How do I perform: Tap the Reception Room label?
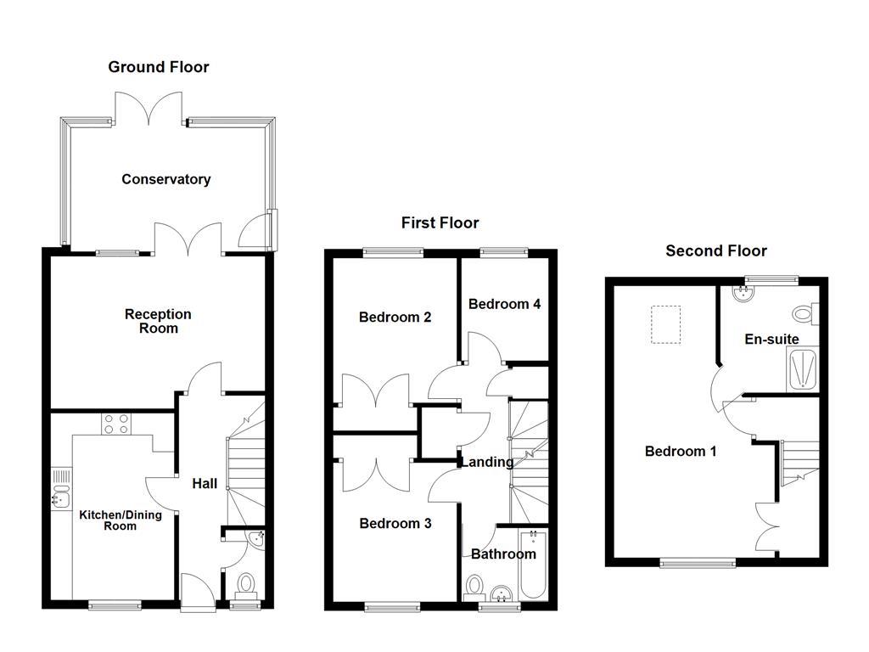click(x=158, y=321)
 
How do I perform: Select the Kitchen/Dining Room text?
click(x=108, y=520)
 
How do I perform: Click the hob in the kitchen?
click(x=115, y=424)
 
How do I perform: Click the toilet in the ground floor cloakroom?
click(x=246, y=584)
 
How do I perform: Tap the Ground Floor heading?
click(x=158, y=67)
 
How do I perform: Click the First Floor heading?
click(x=440, y=223)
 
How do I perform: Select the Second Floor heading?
click(x=716, y=250)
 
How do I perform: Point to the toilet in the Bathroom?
click(x=474, y=587)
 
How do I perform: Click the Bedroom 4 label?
click(x=504, y=304)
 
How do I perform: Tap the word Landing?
click(x=487, y=462)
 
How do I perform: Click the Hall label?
click(x=204, y=484)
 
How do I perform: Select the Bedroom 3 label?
click(x=395, y=524)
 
